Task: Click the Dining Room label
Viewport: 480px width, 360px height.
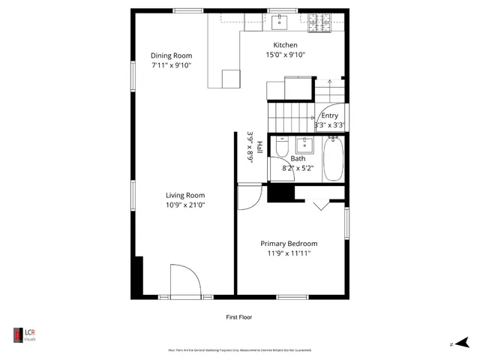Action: click(171, 55)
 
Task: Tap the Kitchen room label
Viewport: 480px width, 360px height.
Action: click(285, 45)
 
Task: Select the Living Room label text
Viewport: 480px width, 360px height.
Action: click(185, 195)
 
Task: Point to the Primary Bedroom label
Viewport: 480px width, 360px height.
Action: click(289, 244)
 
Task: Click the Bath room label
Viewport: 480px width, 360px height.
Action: click(298, 158)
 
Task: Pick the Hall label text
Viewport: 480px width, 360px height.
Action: click(259, 148)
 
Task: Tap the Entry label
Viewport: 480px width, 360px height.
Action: click(329, 115)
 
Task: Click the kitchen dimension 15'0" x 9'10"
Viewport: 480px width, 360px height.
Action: click(285, 55)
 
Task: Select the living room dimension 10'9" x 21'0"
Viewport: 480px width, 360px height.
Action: click(185, 205)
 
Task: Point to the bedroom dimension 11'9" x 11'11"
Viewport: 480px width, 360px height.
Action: click(289, 253)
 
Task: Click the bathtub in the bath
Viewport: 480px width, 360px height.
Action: click(333, 159)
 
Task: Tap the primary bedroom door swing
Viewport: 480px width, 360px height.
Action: click(248, 196)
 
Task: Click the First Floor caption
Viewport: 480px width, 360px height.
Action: click(239, 317)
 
